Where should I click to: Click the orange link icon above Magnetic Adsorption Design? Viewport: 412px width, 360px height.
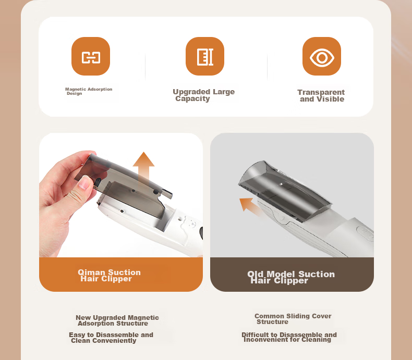pos(91,56)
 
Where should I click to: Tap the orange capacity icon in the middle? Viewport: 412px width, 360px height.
pos(205,56)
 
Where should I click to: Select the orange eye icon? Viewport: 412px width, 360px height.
pos(322,56)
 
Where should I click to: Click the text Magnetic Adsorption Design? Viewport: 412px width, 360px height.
pos(89,91)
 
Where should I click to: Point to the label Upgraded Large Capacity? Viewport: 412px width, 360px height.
pos(203,95)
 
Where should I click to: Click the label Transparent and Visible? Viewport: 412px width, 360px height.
pos(321,95)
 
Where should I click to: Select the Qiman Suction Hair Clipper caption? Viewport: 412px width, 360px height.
pos(110,275)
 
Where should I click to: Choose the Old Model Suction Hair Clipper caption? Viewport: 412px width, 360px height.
pos(291,277)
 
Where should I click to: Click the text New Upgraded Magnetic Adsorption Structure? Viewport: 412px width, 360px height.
pos(117,320)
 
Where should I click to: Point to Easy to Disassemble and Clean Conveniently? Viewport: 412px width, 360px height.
pos(111,338)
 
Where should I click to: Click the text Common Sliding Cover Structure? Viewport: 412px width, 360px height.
pos(293,319)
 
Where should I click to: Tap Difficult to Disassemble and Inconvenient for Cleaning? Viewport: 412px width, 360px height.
pos(289,337)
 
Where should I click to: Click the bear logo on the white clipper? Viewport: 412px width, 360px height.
pos(190,222)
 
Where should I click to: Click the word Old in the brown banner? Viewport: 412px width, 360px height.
pos(256,274)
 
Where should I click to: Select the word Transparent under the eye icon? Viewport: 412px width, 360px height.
pos(321,92)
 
